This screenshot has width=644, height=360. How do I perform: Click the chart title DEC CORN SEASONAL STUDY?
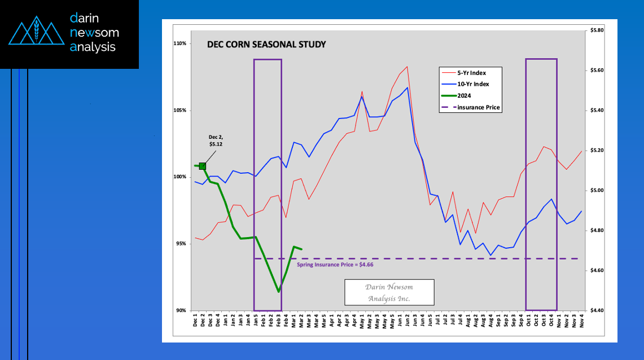266,44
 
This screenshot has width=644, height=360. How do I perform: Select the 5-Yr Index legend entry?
471,73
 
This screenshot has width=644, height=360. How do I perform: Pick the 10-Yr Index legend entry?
473,84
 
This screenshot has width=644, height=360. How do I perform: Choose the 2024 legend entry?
465,95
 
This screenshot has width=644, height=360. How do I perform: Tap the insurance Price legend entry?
479,107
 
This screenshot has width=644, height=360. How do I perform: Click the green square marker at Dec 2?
202,166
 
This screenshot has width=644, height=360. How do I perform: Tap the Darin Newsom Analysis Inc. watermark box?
389,292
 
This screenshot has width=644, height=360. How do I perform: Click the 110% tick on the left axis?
180,43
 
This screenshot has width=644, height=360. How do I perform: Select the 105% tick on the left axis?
180,110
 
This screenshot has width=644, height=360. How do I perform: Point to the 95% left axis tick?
181,244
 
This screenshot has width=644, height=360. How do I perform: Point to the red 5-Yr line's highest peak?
407,67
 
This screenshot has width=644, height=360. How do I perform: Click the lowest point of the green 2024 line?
278,292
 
